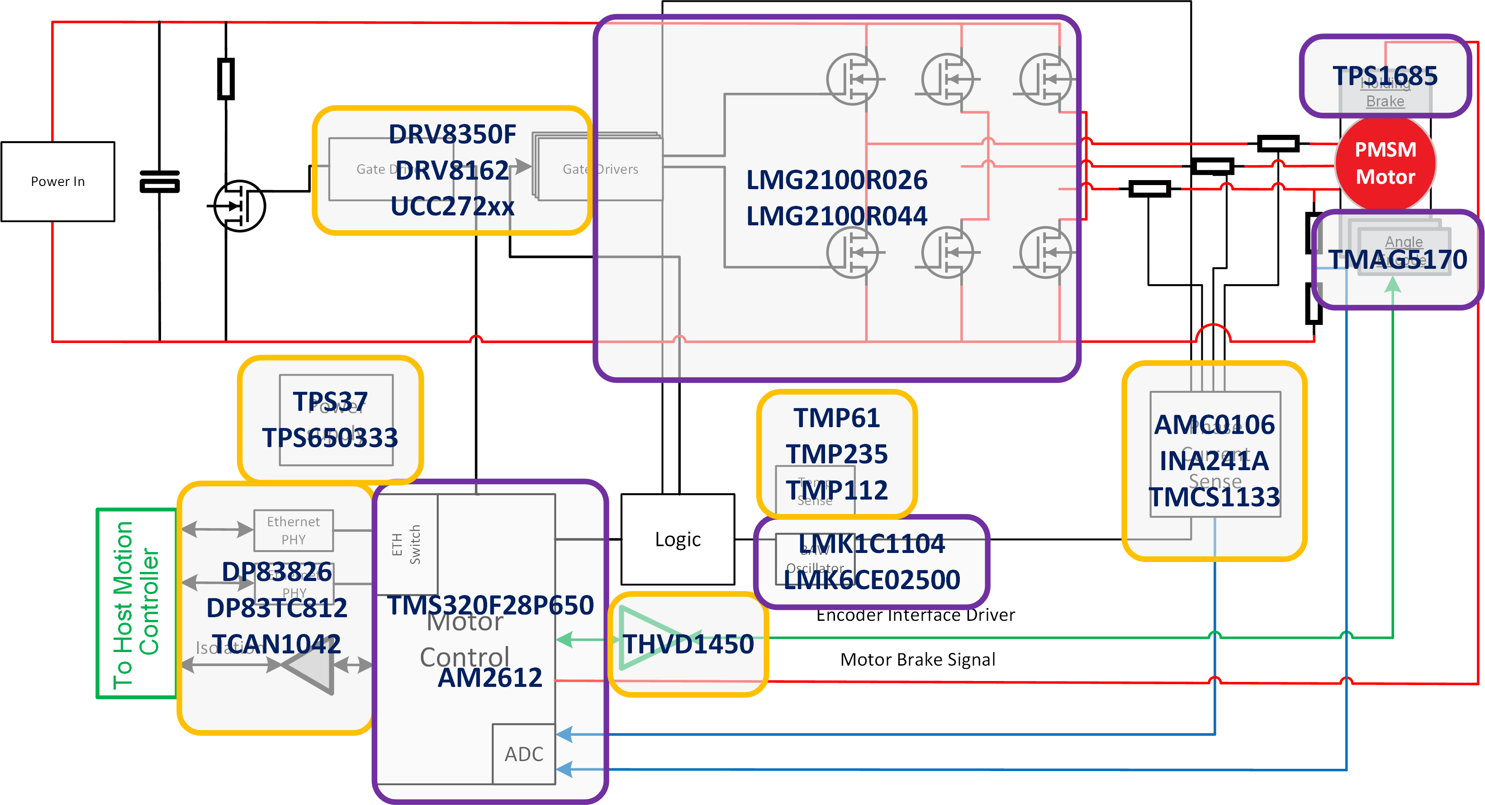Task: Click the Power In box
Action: coord(57,181)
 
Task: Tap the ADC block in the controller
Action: coord(523,754)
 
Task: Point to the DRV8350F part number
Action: coord(452,134)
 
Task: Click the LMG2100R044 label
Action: coord(836,216)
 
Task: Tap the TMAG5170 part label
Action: coord(1397,259)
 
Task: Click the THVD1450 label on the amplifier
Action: coord(688,644)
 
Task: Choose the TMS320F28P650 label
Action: coord(490,605)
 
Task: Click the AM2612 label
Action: coord(490,677)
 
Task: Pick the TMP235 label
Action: coord(836,454)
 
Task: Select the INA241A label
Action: coord(1214,461)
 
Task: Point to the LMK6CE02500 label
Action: coord(872,580)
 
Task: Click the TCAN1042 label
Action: coord(277,644)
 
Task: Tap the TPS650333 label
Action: coord(330,438)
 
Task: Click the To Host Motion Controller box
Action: coord(136,604)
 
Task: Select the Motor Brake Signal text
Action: coord(917,659)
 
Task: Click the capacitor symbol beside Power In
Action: coord(160,181)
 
